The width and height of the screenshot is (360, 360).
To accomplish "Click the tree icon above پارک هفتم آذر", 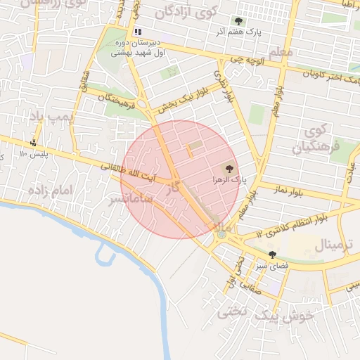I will coord(239,21).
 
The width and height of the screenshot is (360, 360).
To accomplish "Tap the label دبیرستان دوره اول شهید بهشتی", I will coord(139,47).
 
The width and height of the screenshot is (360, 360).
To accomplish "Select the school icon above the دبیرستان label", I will coord(138,32).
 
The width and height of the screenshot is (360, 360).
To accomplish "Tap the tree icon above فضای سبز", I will coord(272,255).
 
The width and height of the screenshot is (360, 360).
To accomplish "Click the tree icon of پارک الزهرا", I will coord(228,168).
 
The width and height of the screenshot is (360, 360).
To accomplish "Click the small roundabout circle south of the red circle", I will coord(222,234).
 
